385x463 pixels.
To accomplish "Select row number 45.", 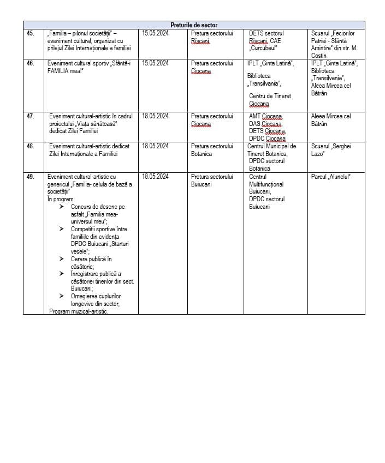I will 30,33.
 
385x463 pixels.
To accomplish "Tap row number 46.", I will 30,63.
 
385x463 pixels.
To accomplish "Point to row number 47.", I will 30,116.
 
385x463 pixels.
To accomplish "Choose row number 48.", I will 30,146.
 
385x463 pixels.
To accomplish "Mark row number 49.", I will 30,177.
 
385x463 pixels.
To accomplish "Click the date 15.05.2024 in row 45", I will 155,33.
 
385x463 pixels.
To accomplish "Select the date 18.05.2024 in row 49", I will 155,177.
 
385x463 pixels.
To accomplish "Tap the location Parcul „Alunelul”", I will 330,177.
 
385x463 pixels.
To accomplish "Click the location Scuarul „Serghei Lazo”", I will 331,150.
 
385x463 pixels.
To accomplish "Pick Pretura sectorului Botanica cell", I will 212,150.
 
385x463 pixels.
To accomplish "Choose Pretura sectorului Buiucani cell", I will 212,181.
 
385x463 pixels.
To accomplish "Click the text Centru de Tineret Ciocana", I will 270,100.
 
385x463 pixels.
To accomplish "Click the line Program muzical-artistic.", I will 78,311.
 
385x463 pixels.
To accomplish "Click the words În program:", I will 61,200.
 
